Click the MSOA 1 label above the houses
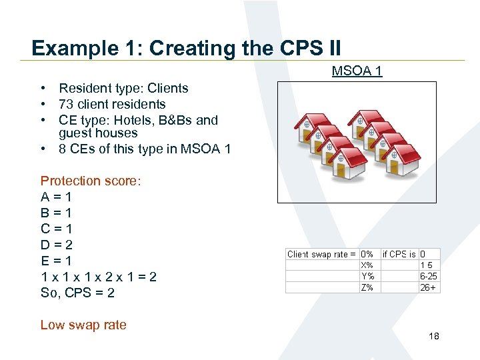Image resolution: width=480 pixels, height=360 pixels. [x=357, y=71]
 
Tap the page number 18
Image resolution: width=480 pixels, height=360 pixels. [x=434, y=337]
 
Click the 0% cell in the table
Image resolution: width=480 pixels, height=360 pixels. [x=367, y=254]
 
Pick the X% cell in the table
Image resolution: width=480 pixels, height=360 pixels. [x=367, y=265]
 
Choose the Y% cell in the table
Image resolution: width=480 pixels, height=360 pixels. [x=367, y=276]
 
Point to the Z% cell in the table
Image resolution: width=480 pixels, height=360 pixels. [x=367, y=287]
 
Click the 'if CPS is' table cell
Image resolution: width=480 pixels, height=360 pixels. [x=399, y=254]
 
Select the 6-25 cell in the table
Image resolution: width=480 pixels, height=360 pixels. [x=428, y=276]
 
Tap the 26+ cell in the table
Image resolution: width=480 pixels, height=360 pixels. [x=428, y=287]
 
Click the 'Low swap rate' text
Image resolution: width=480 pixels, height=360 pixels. [x=83, y=325]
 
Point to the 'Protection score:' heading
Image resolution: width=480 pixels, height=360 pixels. [x=91, y=181]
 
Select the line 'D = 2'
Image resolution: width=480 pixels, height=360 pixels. [x=57, y=245]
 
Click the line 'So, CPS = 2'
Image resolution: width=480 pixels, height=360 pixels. [x=77, y=293]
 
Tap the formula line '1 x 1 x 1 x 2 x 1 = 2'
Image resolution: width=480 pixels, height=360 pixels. [x=99, y=277]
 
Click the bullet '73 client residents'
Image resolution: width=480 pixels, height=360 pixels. [x=112, y=104]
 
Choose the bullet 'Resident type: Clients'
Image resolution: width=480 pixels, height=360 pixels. [x=123, y=88]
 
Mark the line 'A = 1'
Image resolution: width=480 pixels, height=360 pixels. [x=57, y=197]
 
